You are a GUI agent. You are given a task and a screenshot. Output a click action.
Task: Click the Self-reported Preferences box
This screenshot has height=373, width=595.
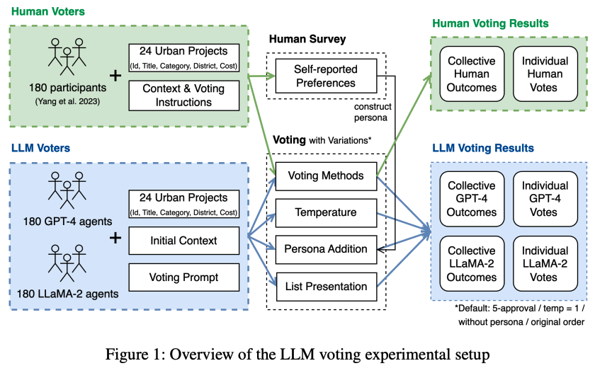325,76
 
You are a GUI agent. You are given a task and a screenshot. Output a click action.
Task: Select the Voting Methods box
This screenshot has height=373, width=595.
325,176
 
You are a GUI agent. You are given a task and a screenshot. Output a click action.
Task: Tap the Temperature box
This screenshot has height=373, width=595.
325,212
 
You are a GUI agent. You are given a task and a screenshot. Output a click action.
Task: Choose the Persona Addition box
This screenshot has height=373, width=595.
325,249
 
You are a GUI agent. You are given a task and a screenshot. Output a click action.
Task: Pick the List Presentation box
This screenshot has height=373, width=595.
325,286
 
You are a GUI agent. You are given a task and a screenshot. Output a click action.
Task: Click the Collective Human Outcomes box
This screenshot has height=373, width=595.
471,74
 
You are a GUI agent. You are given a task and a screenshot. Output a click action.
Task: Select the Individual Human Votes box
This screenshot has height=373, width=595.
545,74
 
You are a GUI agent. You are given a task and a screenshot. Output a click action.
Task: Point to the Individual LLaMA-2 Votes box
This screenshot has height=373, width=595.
545,264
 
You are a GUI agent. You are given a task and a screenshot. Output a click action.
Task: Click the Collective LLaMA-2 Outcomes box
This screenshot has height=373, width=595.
471,264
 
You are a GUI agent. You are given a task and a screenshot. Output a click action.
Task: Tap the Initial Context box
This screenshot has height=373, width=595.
183,241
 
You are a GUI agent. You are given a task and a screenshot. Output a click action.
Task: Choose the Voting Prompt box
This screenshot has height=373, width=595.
183,277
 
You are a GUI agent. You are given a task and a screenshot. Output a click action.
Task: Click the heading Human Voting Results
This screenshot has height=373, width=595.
490,23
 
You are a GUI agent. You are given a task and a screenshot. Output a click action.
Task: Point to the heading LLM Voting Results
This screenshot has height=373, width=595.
483,149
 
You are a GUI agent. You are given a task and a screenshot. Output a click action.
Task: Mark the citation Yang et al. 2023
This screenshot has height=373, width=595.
68,101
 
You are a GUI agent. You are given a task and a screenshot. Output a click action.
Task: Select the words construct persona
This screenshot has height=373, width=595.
373,112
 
